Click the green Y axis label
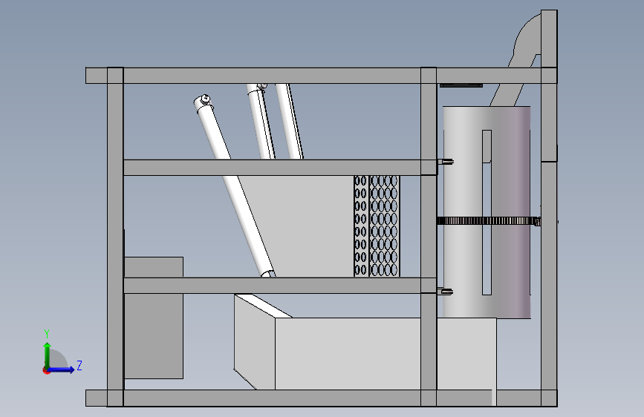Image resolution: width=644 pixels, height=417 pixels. [47, 333]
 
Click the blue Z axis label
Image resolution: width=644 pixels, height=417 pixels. [79, 366]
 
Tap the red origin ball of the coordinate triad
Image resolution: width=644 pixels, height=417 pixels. [47, 370]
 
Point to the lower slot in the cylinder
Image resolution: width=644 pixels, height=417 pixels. [487, 260]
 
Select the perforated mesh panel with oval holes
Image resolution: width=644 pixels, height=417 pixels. [377, 226]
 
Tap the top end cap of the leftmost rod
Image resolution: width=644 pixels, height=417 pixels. [203, 101]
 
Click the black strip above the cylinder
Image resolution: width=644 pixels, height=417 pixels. [461, 86]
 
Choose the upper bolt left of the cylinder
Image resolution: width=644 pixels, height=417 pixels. [447, 162]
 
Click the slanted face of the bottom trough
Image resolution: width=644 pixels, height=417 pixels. [255, 341]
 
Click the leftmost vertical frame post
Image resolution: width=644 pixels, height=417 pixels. [115, 237]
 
